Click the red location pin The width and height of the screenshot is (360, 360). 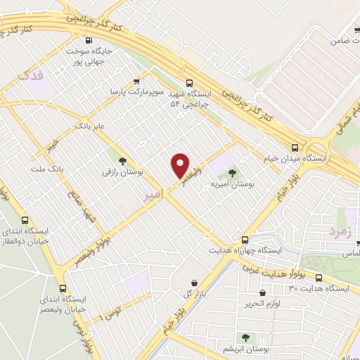click(x=180, y=164)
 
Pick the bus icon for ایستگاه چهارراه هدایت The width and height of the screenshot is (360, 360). click(x=245, y=239)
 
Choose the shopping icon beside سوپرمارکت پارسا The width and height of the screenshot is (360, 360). click(x=139, y=81)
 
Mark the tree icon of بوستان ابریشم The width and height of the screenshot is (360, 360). click(x=245, y=338)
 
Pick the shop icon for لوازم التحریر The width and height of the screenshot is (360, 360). click(x=263, y=292)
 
